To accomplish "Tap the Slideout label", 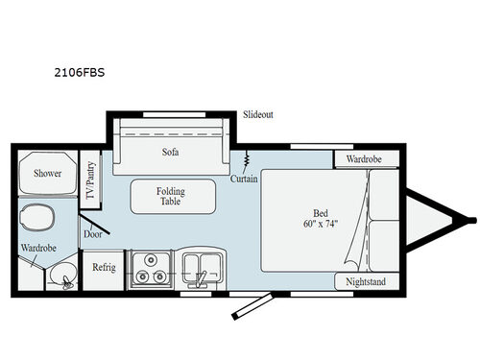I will point(257,114).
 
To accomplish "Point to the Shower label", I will point(48,174).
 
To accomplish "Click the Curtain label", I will point(244,178).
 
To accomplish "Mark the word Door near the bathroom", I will point(92,233).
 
